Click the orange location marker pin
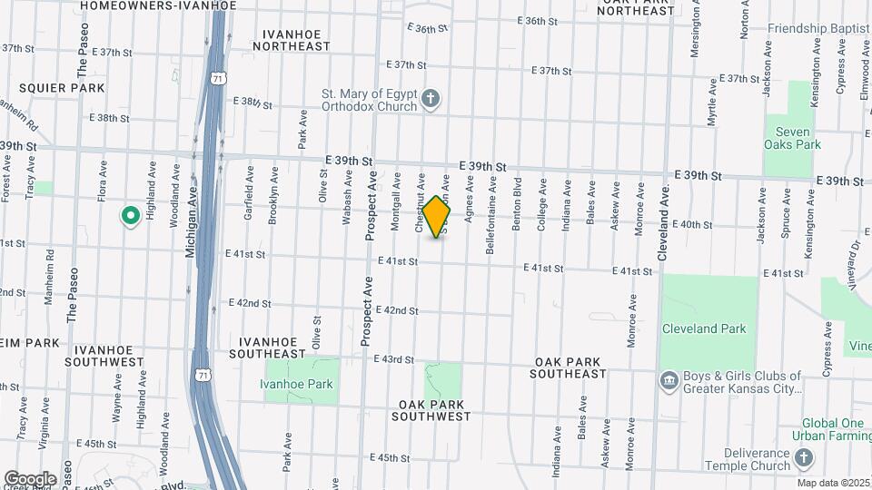pos(437,216)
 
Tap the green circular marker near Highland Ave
pos(130,216)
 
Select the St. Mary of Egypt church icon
pos(431,97)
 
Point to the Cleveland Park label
pos(703,328)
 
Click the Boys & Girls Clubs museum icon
pos(669,379)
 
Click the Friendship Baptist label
pos(818,28)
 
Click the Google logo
pos(30,478)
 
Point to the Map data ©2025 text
pos(833,483)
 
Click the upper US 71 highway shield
pos(217,79)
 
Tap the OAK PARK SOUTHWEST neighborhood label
pos(431,410)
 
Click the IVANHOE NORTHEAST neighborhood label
pos(296,39)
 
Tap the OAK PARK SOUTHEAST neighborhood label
pos(569,367)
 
